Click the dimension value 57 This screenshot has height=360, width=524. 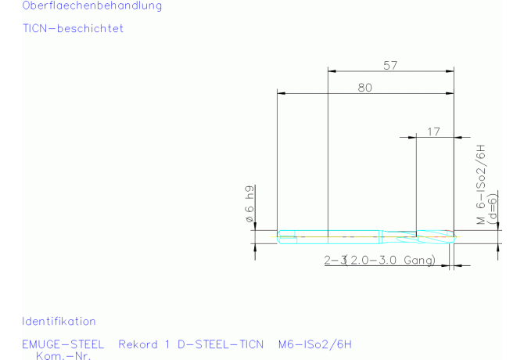pyautogui.click(x=390, y=66)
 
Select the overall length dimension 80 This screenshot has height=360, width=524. pyautogui.click(x=365, y=88)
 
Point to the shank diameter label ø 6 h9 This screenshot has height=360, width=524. pyautogui.click(x=249, y=206)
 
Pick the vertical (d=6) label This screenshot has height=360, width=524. pyautogui.click(x=493, y=210)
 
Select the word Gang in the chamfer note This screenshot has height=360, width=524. pyautogui.click(x=418, y=260)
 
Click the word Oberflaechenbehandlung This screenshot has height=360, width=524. pyautogui.click(x=81, y=6)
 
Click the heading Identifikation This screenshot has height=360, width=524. pyautogui.click(x=59, y=321)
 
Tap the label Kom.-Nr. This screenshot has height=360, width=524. pyautogui.click(x=63, y=355)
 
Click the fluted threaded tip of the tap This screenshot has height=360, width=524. pyautogui.click(x=435, y=233)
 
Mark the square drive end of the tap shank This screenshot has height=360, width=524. pyautogui.click(x=287, y=234)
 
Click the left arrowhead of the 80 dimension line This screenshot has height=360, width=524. pyautogui.click(x=281, y=94)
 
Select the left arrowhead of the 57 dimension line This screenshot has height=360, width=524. pyautogui.click(x=331, y=72)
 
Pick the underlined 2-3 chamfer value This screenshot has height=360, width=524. pyautogui.click(x=334, y=260)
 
